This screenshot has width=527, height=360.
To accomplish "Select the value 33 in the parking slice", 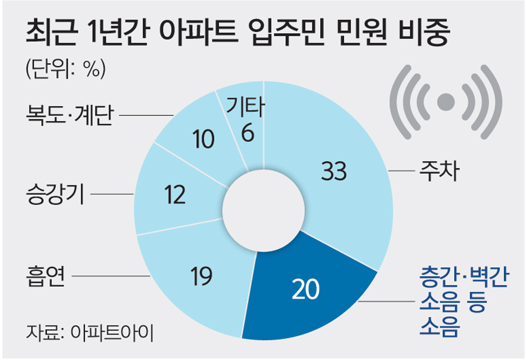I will click(334, 171).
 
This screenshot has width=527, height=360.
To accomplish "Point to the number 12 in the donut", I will click(176, 196).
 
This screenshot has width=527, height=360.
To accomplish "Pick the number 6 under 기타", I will click(247, 134).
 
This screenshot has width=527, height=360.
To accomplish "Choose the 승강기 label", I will click(55, 194).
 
